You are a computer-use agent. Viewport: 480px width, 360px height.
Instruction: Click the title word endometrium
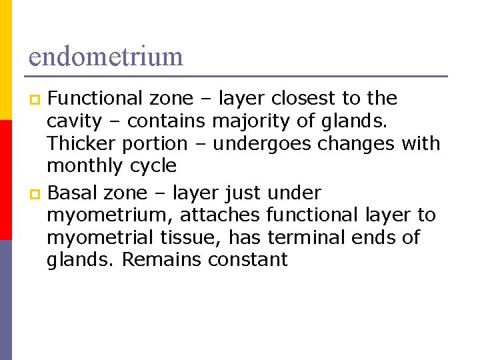pos(105,56)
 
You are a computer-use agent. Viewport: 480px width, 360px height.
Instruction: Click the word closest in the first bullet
pos(301,99)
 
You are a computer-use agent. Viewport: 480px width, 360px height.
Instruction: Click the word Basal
pos(74,193)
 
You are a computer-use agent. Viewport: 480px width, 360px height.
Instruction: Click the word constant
pos(248,259)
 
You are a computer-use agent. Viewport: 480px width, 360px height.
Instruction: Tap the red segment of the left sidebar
pos(5,180)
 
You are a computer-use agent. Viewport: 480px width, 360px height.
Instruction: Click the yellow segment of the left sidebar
pos(5,60)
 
